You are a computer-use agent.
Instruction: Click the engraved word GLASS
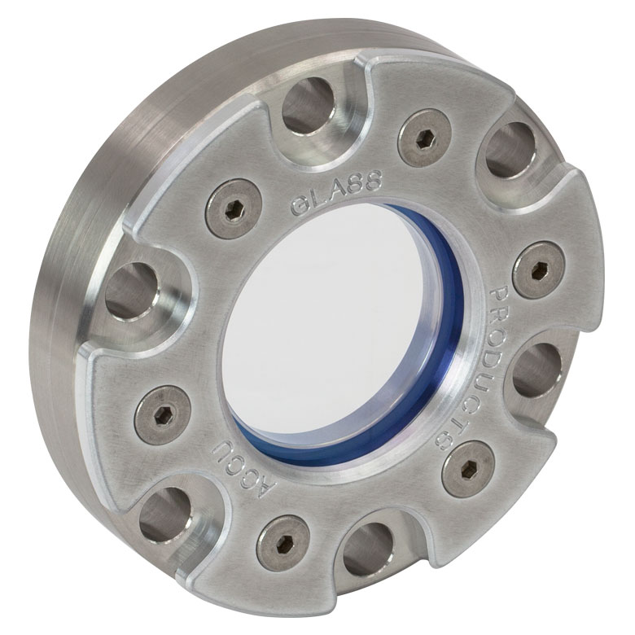[x=336, y=190]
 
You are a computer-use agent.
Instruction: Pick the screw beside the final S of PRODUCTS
[x=469, y=470]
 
